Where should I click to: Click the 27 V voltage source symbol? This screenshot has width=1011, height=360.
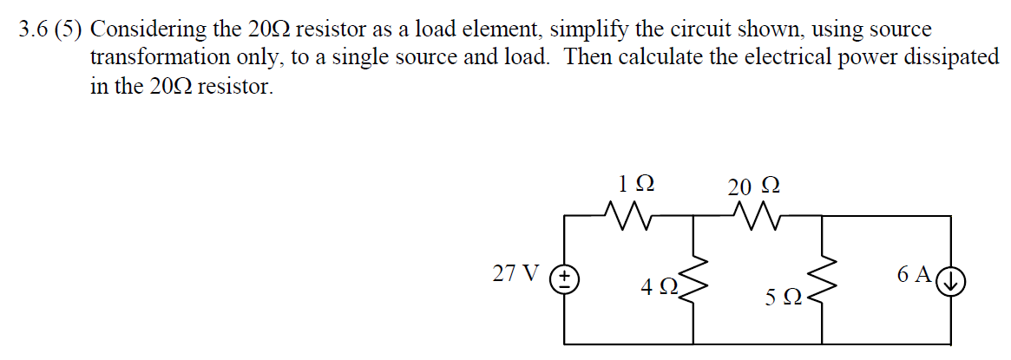click(x=566, y=278)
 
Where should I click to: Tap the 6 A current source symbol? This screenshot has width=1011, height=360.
click(x=952, y=279)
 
